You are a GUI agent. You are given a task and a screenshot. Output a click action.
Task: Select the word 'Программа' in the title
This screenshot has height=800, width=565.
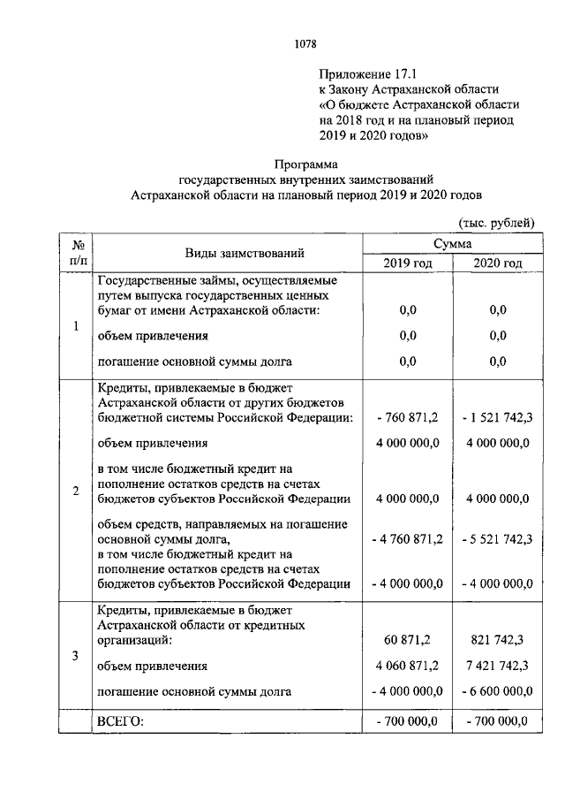[x=305, y=164]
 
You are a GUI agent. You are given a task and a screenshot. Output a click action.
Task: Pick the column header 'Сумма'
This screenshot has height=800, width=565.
[x=452, y=243]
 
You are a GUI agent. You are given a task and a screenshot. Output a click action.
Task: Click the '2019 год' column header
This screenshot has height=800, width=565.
[x=407, y=263]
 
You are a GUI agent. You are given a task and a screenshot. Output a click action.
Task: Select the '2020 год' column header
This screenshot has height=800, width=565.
[x=497, y=263]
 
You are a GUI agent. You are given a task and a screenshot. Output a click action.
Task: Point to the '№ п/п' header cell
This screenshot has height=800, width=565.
[x=76, y=252]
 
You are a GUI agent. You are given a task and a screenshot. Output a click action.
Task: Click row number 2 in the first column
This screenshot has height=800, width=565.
[x=76, y=491]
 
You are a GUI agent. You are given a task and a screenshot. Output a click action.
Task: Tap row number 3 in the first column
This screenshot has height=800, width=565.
[x=76, y=655]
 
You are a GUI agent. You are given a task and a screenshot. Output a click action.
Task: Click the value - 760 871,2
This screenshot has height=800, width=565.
[x=407, y=417]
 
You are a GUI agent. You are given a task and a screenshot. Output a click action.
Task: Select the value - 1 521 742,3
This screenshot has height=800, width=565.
[x=497, y=417]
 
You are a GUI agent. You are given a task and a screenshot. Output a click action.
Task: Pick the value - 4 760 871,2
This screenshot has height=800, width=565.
[x=407, y=536]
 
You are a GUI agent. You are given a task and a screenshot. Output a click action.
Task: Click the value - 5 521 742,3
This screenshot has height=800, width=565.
[x=497, y=536]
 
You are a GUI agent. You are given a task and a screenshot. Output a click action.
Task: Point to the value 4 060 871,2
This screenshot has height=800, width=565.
[x=407, y=666]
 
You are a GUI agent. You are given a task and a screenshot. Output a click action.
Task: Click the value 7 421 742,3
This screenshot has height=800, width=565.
[x=497, y=666]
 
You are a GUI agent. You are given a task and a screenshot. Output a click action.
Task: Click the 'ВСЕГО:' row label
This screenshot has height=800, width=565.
[x=119, y=721]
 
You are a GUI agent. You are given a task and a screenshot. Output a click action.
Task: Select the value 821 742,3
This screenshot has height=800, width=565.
[x=497, y=639]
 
